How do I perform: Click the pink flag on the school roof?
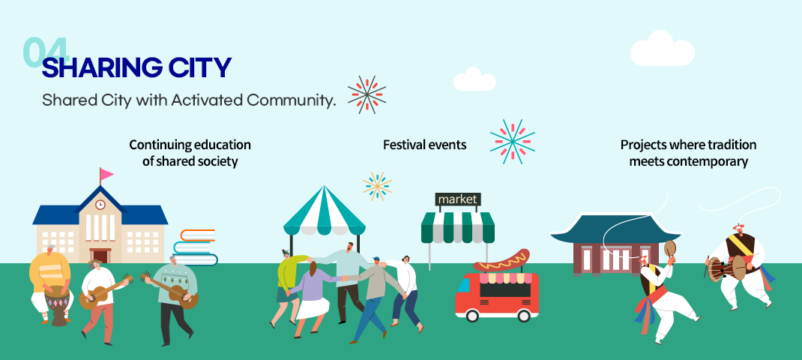(106, 174)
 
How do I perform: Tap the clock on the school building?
(100, 204)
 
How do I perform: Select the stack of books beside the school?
(196, 247)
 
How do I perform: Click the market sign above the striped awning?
(458, 199)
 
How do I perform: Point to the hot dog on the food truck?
(501, 261)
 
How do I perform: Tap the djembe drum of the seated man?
(57, 306)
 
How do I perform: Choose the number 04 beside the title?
(46, 52)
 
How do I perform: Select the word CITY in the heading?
(196, 68)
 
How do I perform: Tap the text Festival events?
(424, 145)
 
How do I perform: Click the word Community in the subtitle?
(291, 100)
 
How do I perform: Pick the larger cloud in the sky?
(662, 49)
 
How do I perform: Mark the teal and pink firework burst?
(513, 142)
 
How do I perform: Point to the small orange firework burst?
(378, 186)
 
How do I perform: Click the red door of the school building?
(100, 256)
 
